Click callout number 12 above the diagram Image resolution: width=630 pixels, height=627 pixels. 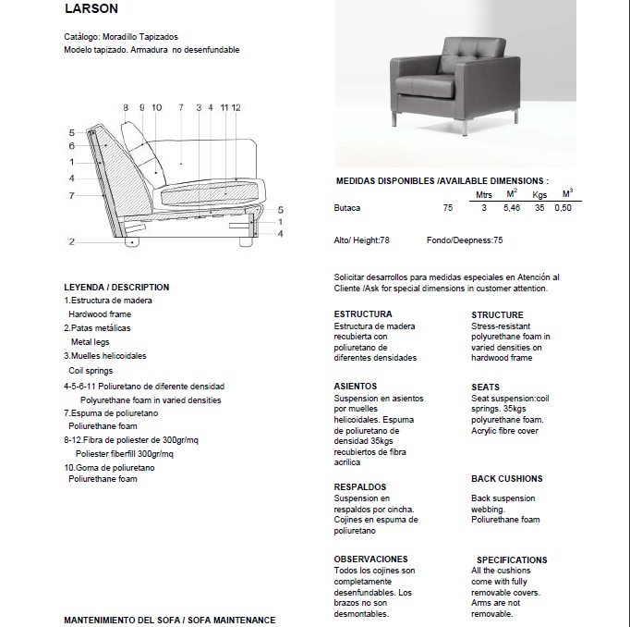tap(236, 108)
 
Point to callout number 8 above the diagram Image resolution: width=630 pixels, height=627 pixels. tap(126, 108)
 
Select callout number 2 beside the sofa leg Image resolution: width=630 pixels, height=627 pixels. tap(71, 241)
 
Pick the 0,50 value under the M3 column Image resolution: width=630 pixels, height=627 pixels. tap(563, 208)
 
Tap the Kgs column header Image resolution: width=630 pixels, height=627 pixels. tap(539, 195)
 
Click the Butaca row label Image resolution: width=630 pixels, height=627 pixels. tap(347, 208)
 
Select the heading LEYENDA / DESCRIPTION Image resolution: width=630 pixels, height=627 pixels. tap(116, 287)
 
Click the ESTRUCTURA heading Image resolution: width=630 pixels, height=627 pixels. tap(363, 314)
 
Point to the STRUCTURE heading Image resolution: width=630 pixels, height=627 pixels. tap(497, 314)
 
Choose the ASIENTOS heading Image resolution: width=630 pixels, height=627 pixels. tap(355, 387)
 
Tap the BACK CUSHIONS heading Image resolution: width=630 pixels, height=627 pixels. tap(506, 479)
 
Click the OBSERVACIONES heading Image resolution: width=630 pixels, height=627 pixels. tap(370, 559)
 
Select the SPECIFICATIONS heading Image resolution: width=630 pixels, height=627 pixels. tap(512, 559)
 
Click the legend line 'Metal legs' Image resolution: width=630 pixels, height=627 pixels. tap(90, 342)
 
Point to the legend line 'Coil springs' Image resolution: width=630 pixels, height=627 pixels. tap(91, 370)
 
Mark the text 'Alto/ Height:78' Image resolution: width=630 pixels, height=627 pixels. tap(361, 240)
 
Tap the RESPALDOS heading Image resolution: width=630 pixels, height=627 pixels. tap(359, 486)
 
